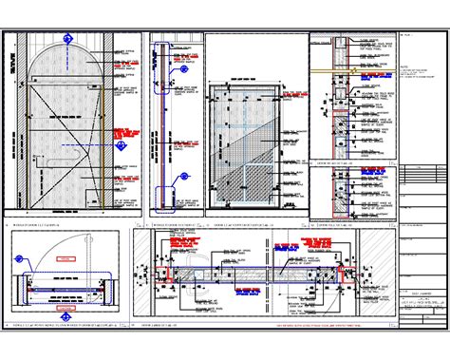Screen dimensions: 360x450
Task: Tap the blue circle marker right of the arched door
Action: (121, 147)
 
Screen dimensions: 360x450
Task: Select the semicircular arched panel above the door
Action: (67, 68)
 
